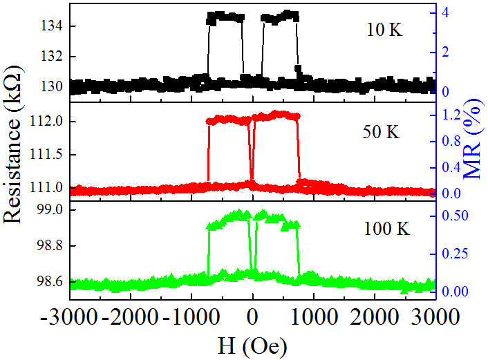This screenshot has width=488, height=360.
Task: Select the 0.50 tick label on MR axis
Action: (454, 216)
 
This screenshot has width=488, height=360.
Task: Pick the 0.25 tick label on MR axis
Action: (454, 253)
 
